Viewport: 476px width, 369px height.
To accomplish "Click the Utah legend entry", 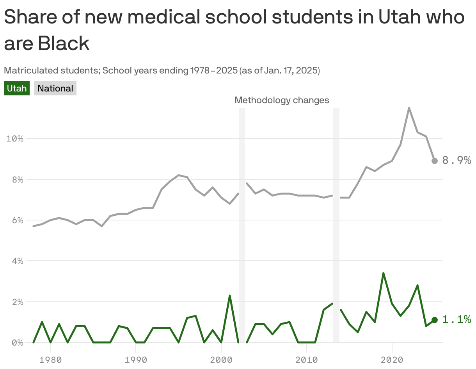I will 17,88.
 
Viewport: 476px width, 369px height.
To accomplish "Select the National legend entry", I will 55,88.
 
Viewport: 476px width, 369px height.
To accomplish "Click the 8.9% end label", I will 456,161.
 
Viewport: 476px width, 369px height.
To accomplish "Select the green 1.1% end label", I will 456,320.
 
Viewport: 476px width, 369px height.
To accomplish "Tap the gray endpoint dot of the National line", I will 435,161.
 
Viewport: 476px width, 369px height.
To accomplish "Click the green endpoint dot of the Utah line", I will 435,320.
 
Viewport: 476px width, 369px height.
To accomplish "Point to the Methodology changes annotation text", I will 282,100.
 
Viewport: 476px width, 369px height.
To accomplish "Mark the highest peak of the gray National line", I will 409,108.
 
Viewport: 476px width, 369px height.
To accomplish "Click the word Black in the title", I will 64,43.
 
